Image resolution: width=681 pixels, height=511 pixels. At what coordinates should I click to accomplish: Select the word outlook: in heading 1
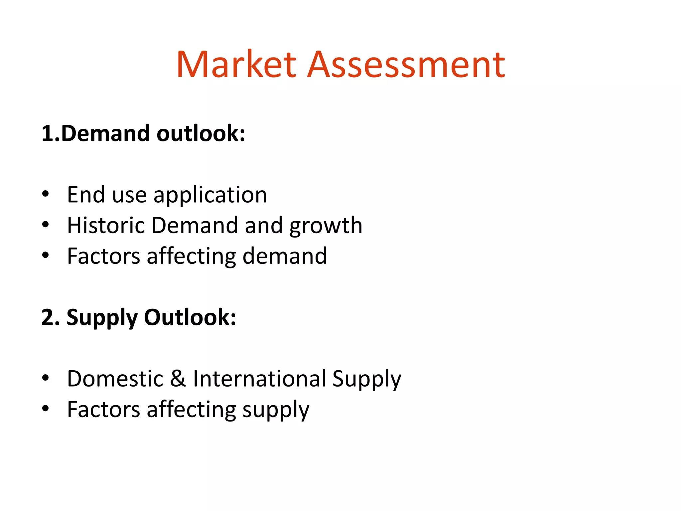tap(201, 133)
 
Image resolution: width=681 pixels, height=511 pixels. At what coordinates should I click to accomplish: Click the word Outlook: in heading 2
tap(190, 317)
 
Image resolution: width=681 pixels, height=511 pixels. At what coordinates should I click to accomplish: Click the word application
tap(210, 195)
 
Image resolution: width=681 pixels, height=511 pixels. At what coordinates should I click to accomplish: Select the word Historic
tap(106, 225)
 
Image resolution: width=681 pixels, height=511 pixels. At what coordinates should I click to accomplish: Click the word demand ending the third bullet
tap(285, 256)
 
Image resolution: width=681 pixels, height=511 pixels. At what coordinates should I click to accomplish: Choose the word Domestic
tap(115, 379)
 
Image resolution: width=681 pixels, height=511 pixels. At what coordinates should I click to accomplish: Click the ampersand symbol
tap(178, 379)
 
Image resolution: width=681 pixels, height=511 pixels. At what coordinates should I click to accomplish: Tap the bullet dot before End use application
tap(46, 194)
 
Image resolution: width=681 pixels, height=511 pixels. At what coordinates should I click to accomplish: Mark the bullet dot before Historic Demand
tap(46, 225)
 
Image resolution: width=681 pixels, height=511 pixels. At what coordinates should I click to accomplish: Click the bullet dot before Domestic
tap(46, 378)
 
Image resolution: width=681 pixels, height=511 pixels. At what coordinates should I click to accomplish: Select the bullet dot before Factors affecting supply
tap(46, 409)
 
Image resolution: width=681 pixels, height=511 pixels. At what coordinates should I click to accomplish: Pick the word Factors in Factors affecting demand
tap(103, 256)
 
